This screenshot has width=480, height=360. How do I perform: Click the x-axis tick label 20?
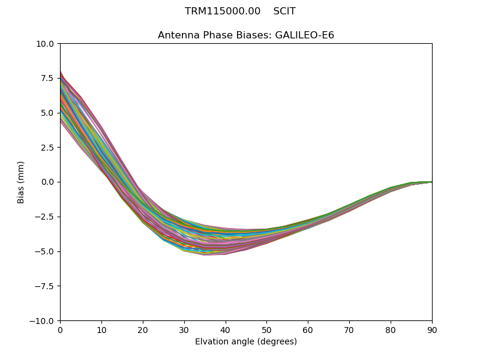click(x=143, y=330)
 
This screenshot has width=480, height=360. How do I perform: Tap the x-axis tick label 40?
click(x=226, y=330)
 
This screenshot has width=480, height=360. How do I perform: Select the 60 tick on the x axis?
click(x=308, y=330)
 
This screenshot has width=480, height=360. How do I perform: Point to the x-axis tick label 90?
click(x=432, y=330)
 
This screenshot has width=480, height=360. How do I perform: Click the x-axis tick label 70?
click(x=349, y=330)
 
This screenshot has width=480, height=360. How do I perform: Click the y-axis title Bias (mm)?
click(x=21, y=182)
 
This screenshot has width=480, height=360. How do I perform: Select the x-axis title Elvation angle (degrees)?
click(x=246, y=342)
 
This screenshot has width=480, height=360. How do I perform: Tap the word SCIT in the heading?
click(x=284, y=11)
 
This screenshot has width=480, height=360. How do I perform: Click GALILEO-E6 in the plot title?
click(x=304, y=35)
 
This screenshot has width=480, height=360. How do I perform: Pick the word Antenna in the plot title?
click(x=177, y=35)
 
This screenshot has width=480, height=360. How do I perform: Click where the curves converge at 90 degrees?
click(x=431, y=182)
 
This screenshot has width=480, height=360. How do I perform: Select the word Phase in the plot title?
click(x=215, y=35)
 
